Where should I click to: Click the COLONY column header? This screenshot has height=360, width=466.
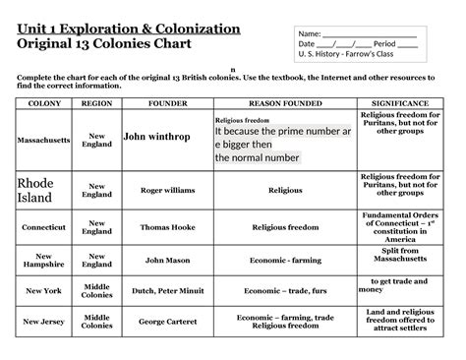[x=44, y=102]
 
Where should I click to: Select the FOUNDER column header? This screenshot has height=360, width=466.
[x=161, y=102]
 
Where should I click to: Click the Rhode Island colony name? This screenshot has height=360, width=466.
[x=33, y=191]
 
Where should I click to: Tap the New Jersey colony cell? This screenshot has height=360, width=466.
[x=44, y=322]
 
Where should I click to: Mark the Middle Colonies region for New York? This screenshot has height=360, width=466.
[x=96, y=291]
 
